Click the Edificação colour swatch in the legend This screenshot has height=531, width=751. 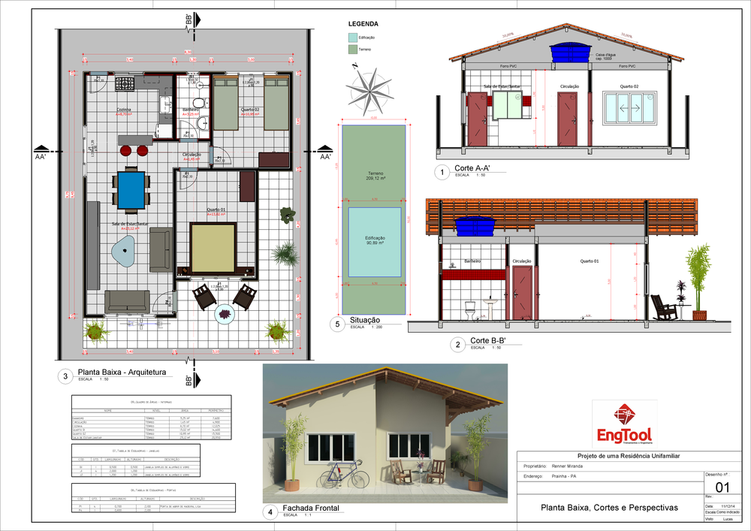pyautogui.click(x=353, y=37)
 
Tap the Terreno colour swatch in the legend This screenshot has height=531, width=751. pyautogui.click(x=353, y=49)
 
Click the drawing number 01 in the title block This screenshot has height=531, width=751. pyautogui.click(x=724, y=487)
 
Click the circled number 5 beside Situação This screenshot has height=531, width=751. pyautogui.click(x=338, y=324)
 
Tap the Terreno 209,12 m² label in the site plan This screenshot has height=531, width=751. pyautogui.click(x=373, y=176)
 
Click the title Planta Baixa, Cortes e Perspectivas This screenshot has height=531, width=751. pyautogui.click(x=609, y=508)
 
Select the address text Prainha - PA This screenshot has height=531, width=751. pyautogui.click(x=563, y=477)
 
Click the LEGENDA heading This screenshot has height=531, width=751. pyautogui.click(x=364, y=24)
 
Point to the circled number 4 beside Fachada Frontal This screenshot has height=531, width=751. pyautogui.click(x=270, y=512)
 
